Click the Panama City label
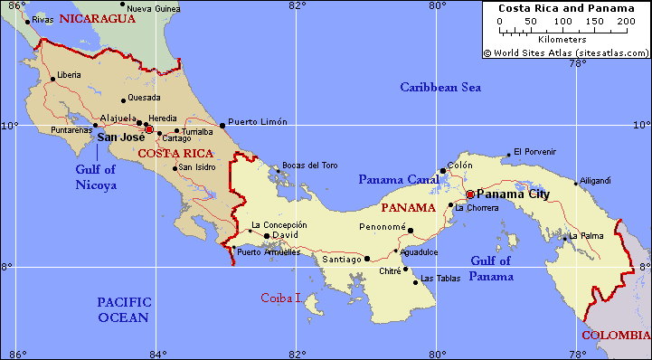513,194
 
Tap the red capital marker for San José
149,129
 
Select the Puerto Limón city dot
222,126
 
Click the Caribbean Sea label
441,88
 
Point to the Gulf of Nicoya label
96,176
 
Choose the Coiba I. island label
281,297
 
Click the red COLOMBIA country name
615,335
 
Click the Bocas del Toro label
310,165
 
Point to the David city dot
267,236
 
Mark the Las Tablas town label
440,279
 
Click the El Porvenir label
536,151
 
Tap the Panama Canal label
398,180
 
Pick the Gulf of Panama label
491,269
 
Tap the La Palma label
585,236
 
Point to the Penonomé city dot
411,230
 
